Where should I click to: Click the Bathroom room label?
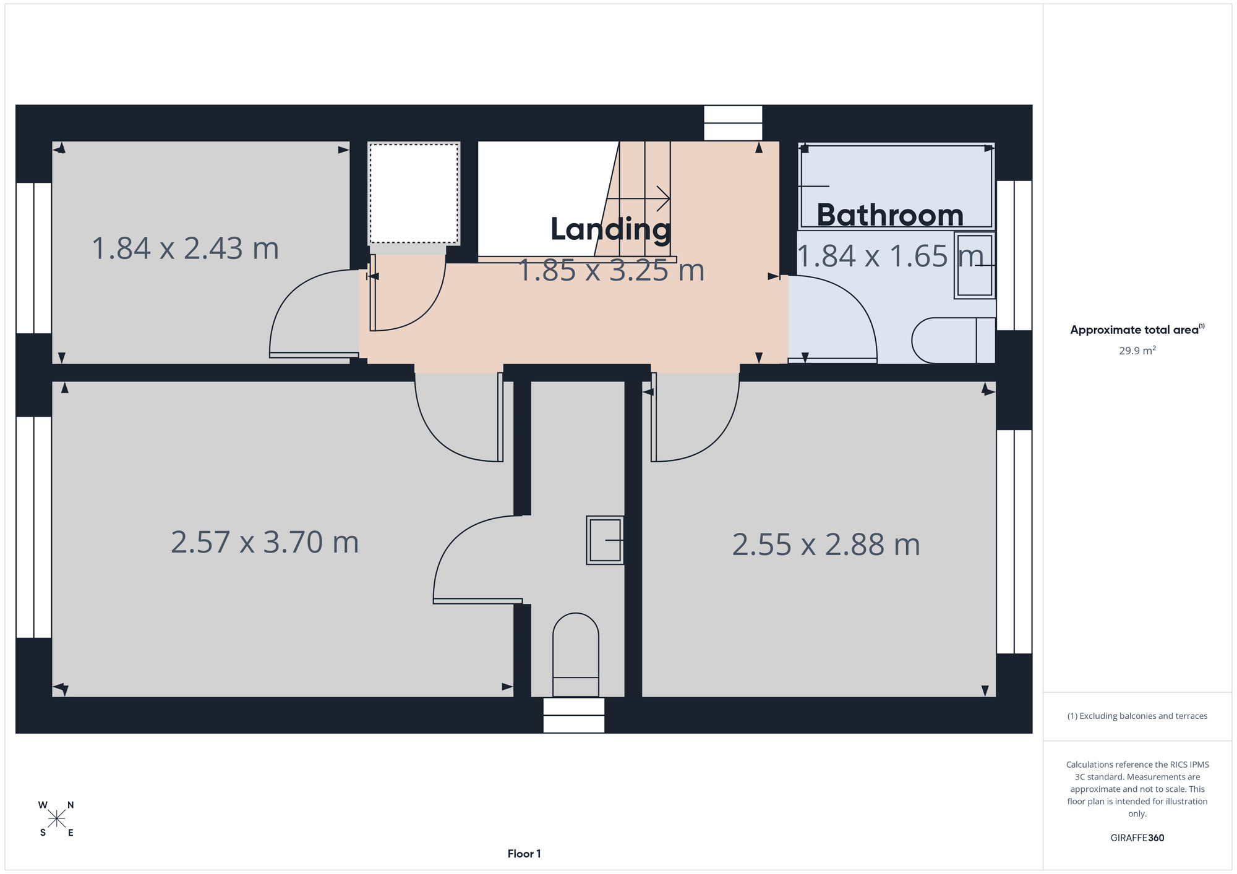tap(890, 215)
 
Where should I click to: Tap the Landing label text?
tap(610, 229)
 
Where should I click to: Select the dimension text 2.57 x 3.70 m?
tap(265, 542)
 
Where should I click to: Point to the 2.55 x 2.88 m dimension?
tap(826, 545)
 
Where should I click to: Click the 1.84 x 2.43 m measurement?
tap(186, 248)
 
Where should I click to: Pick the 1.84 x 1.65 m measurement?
tap(890, 256)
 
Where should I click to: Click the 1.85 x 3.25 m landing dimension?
tap(611, 271)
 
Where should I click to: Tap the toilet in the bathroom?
tap(954, 341)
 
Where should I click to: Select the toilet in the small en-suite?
tap(576, 655)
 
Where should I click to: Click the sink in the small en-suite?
tap(605, 540)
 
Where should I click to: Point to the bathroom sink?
tap(975, 265)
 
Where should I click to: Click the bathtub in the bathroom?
tap(896, 186)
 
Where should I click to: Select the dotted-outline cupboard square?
tap(414, 193)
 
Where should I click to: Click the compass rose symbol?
tap(56, 819)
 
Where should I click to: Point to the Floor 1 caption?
tap(524, 854)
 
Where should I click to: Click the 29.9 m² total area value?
tap(1137, 350)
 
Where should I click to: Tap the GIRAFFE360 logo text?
tap(1137, 838)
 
